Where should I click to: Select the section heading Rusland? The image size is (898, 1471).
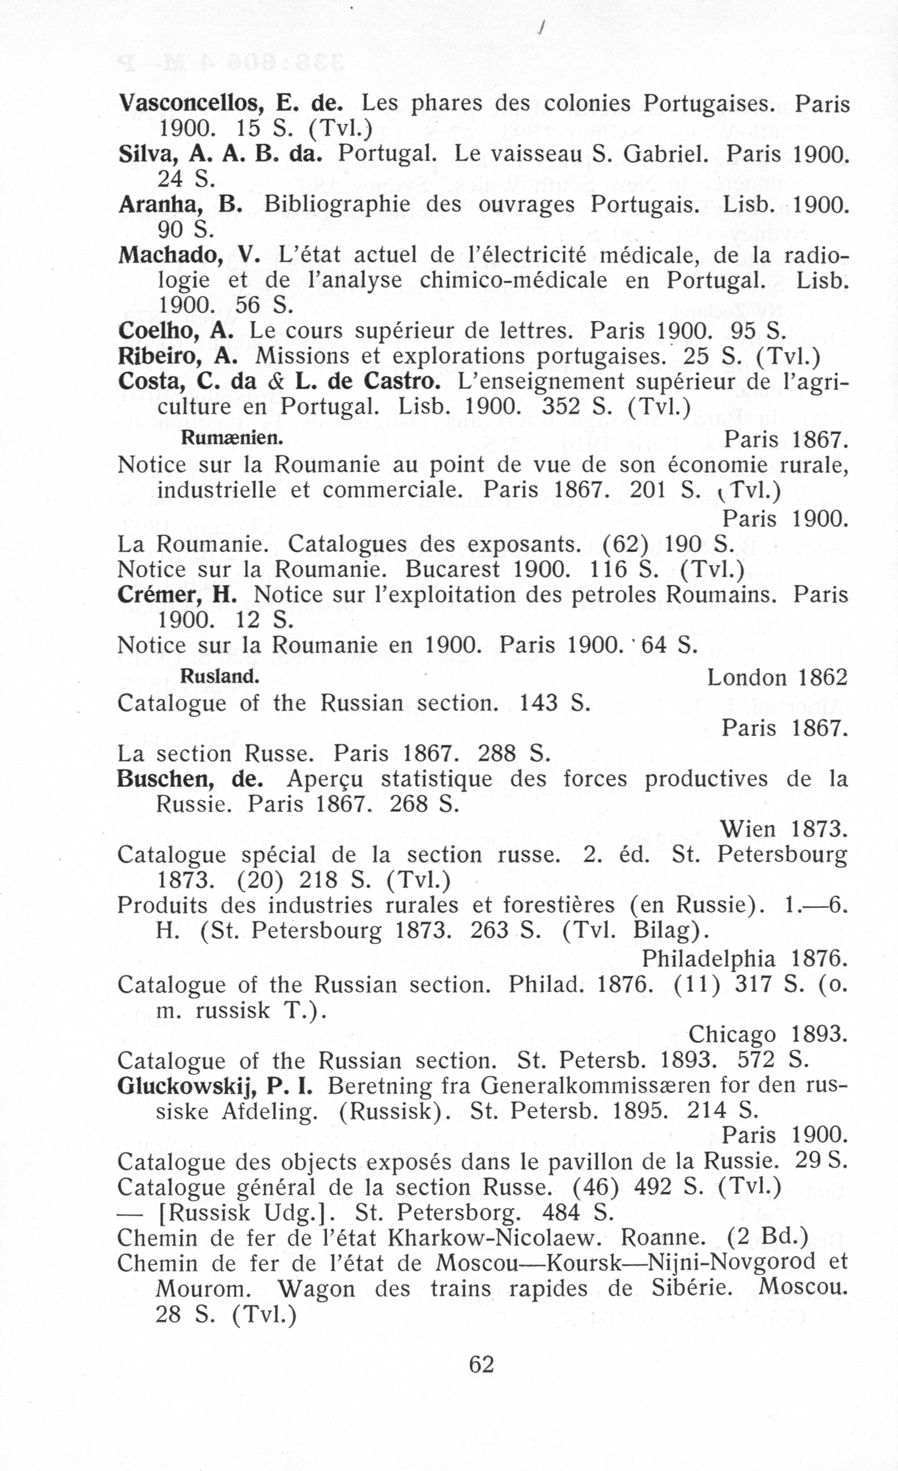(x=219, y=676)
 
